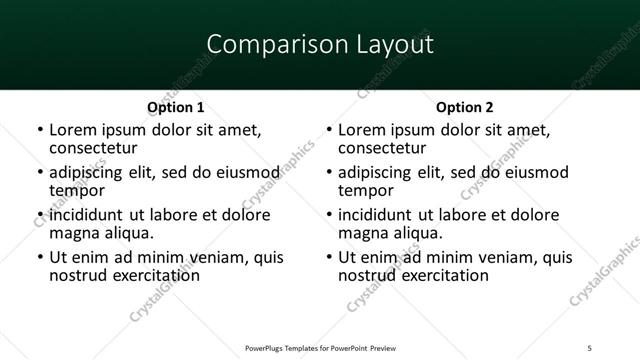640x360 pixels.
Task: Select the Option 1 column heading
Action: click(176, 107)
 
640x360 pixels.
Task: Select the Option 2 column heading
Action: click(465, 107)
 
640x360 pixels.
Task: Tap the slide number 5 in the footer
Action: click(589, 347)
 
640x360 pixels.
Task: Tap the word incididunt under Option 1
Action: click(88, 215)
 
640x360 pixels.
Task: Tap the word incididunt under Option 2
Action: click(377, 215)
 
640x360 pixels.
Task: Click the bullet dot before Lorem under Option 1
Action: click(39, 131)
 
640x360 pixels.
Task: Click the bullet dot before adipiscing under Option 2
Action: click(328, 173)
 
